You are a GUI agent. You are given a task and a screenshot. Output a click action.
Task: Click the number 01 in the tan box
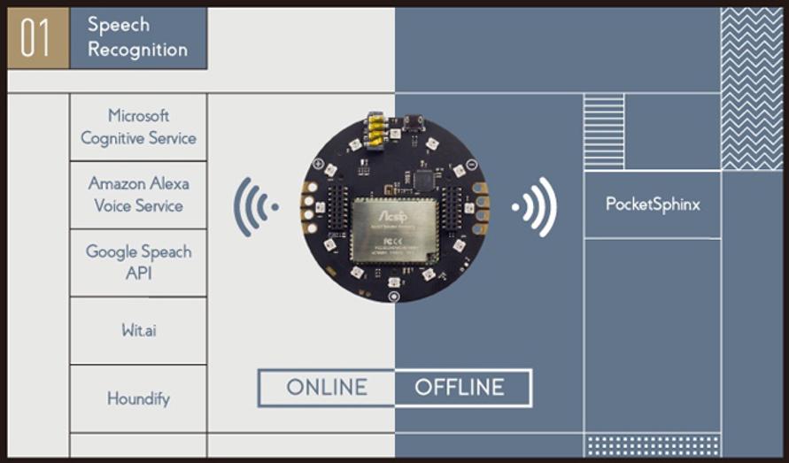tap(36, 39)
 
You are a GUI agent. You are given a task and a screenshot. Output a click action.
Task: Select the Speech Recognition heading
tap(137, 37)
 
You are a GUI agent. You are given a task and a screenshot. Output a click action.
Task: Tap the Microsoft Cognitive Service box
tap(138, 127)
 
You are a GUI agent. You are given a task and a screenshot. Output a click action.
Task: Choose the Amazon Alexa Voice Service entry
tap(138, 195)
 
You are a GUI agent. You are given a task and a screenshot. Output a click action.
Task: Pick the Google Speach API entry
tap(138, 262)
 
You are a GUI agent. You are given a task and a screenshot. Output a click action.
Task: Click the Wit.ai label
tap(139, 330)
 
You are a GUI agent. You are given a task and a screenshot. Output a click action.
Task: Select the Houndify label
tap(138, 398)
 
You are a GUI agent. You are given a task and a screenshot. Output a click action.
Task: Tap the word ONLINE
tap(326, 388)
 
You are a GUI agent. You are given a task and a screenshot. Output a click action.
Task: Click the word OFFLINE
tap(460, 388)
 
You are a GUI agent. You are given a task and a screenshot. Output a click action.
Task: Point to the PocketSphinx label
tap(653, 204)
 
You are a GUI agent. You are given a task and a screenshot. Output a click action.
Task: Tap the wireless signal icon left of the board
tap(252, 207)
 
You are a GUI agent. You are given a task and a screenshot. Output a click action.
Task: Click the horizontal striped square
tap(604, 120)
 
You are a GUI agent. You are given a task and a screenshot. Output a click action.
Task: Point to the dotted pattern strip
tap(652, 444)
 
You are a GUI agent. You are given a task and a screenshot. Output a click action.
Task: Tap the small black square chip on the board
tap(423, 179)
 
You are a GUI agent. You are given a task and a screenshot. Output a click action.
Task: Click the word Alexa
tap(169, 183)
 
